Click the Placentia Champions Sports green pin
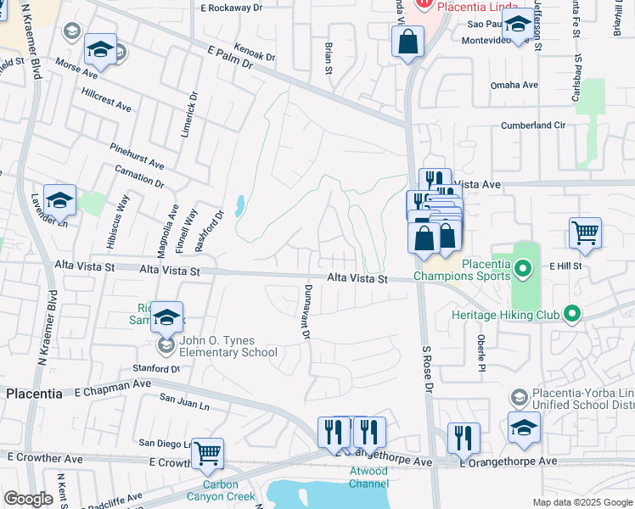click(x=523, y=271)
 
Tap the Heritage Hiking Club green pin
click(x=571, y=315)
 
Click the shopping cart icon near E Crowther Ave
click(x=207, y=453)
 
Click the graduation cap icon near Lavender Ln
click(x=59, y=200)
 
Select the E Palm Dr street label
click(x=230, y=57)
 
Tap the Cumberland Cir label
click(x=532, y=125)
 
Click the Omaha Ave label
click(x=514, y=85)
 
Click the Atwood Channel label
click(x=369, y=478)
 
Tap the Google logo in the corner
click(x=28, y=499)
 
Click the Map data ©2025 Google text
click(x=582, y=502)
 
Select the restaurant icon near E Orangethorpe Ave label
click(x=463, y=438)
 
